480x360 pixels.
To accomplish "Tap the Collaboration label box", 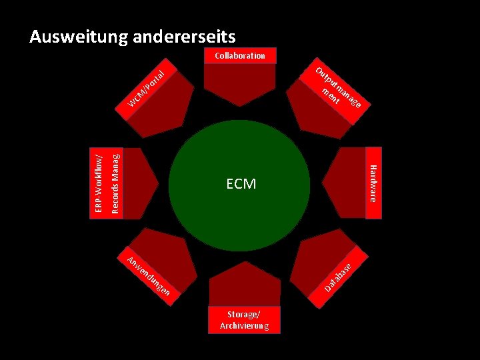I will click(x=239, y=56).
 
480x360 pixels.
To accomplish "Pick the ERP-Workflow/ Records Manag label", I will click(x=107, y=183).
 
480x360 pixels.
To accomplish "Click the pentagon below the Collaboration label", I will click(x=240, y=80).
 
